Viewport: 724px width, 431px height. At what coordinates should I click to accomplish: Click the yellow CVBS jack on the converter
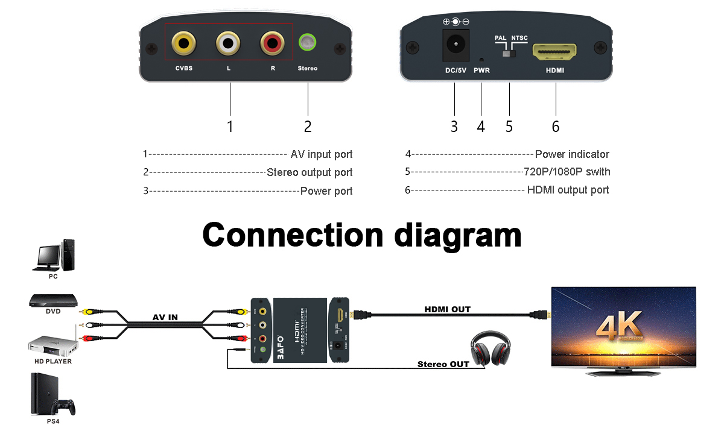tap(183, 43)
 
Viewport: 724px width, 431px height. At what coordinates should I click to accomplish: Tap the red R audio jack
tap(272, 43)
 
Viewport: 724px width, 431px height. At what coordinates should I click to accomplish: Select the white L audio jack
tap(228, 43)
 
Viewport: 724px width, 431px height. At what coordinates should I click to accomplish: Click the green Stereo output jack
tap(308, 43)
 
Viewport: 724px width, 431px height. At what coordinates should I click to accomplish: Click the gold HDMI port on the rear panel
tap(554, 52)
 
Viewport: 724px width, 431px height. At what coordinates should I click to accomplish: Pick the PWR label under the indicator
tap(482, 71)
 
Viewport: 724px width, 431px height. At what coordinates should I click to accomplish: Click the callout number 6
tap(556, 127)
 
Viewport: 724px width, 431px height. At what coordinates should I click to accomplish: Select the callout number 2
tap(308, 127)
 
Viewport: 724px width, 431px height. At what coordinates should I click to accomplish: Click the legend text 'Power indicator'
tap(572, 154)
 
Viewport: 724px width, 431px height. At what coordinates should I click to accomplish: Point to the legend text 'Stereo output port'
tap(310, 172)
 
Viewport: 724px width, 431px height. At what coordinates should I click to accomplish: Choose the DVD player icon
tap(54, 300)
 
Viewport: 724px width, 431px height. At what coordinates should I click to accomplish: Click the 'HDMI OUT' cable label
tap(447, 309)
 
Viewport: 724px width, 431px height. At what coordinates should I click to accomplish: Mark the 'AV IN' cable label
tap(164, 318)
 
